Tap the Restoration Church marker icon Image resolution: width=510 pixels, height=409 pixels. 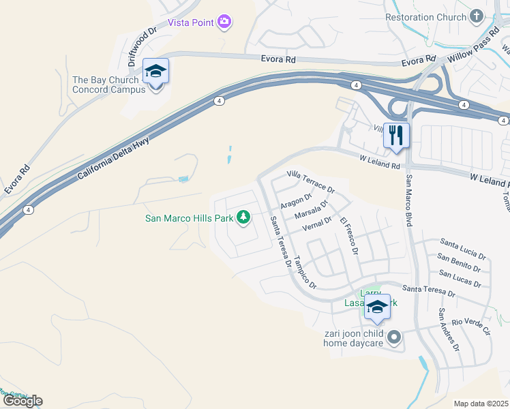pos(477,17)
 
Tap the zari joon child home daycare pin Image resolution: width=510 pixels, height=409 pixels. pos(394,337)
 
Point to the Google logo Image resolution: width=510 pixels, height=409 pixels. pos(22,401)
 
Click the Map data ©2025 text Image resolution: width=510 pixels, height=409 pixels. pos(481,404)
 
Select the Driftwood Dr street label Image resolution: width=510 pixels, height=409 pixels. pos(142,40)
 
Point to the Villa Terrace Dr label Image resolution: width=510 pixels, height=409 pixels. pos(311,181)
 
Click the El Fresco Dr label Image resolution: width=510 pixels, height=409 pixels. pos(349,235)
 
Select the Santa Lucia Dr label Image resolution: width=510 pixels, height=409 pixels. pos(463,245)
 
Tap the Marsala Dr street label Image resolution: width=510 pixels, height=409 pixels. pos(312,211)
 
